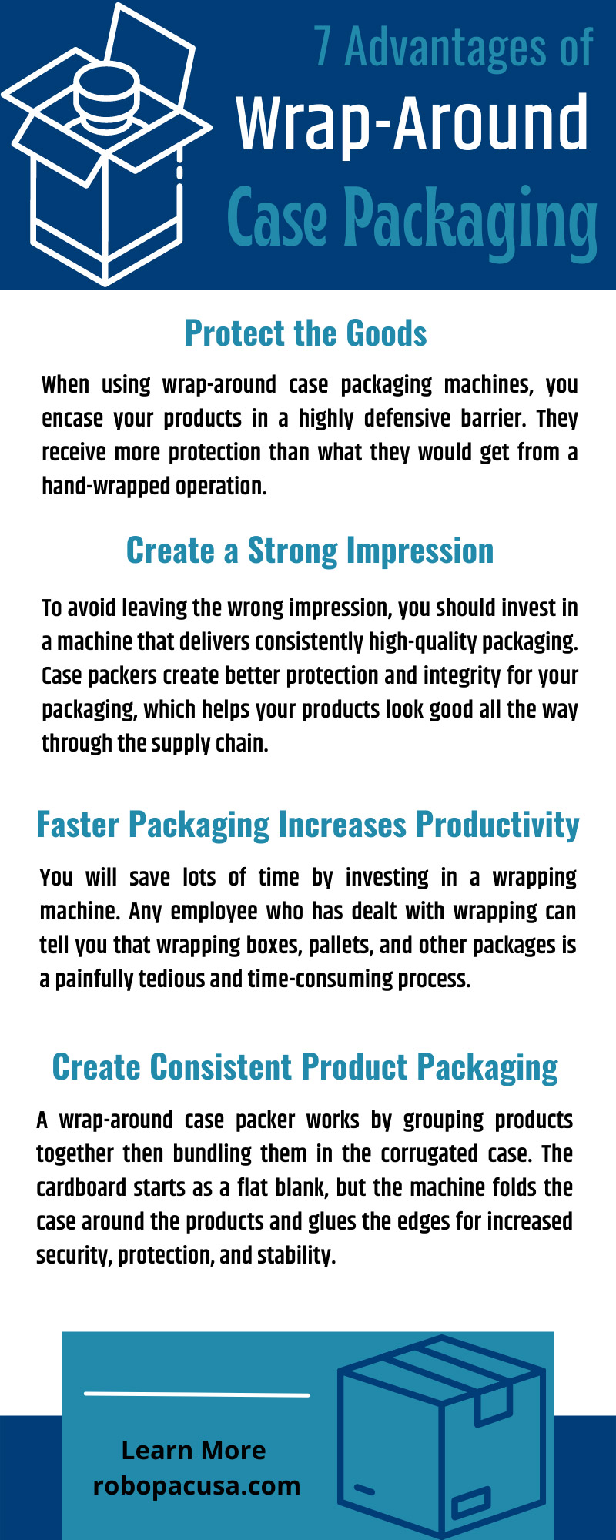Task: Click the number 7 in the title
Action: (x=323, y=48)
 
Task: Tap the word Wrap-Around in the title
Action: (x=412, y=123)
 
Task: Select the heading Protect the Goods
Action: (x=306, y=333)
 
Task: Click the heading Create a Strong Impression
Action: (x=310, y=551)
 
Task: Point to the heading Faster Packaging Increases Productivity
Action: (x=308, y=824)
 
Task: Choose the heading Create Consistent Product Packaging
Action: (x=305, y=1067)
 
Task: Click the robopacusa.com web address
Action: (x=196, y=1485)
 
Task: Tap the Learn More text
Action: (x=193, y=1450)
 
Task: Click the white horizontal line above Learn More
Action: (x=196, y=1394)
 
